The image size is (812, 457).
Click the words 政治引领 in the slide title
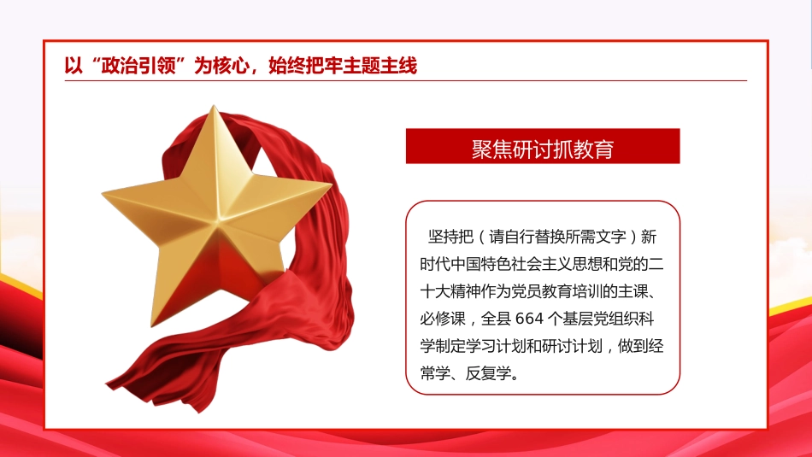coord(141,65)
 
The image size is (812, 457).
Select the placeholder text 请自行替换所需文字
coord(558,236)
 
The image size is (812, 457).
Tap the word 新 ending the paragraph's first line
coord(648,236)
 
